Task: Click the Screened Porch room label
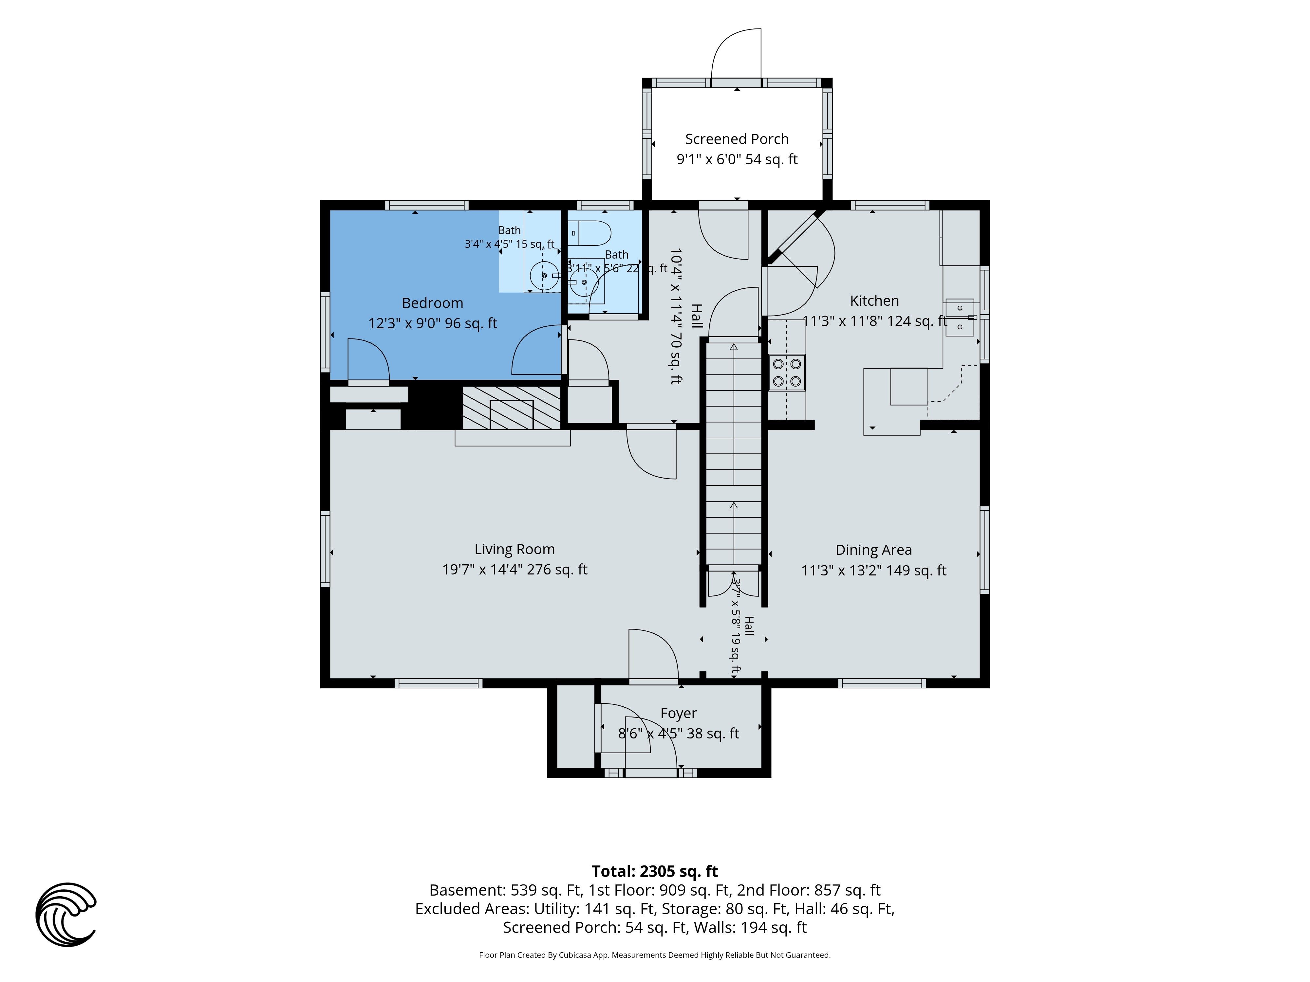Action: coord(737,139)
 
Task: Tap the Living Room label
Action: coord(514,549)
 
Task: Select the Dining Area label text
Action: coord(873,550)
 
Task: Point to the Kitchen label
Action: coord(874,301)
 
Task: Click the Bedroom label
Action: coord(432,303)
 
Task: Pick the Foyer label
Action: coord(679,713)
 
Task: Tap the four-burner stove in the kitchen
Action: coord(787,372)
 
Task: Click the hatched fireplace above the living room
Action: coord(512,408)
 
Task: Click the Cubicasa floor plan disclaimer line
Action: coord(654,955)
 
